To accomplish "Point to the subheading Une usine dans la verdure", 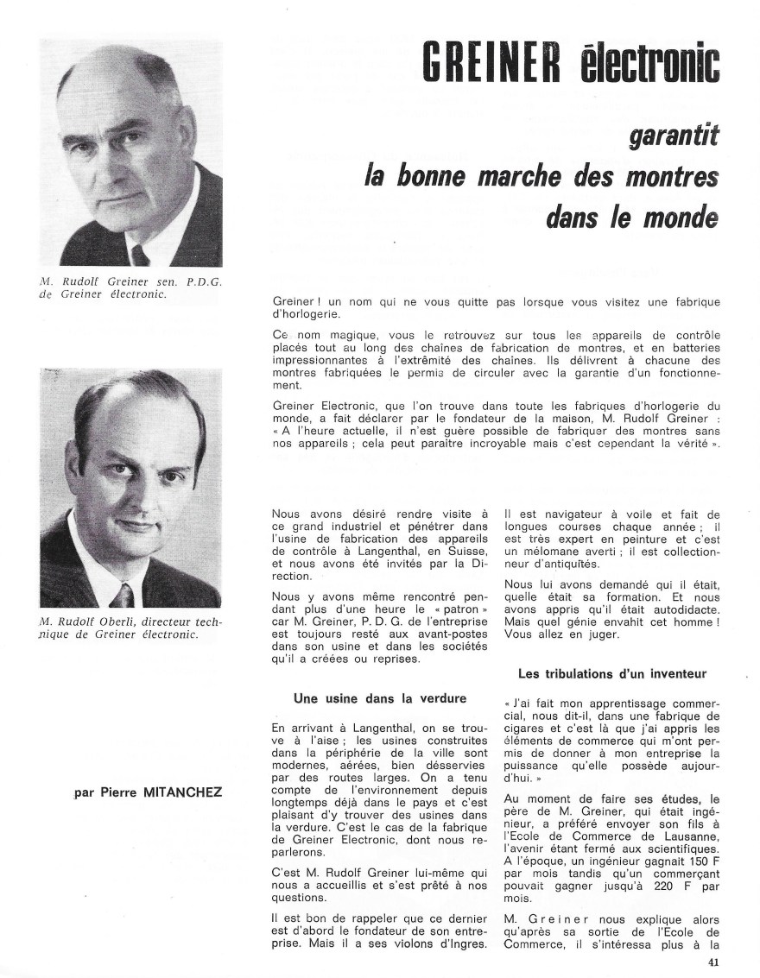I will [368, 698].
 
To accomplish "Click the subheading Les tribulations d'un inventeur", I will [612, 673].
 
